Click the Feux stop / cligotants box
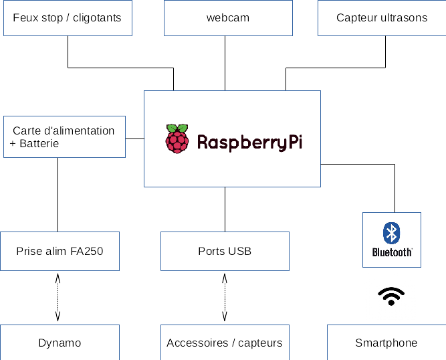(68, 18)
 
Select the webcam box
(227, 18)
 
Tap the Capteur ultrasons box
(382, 18)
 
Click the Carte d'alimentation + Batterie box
(64, 137)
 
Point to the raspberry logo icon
(177, 139)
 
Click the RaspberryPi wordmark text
(249, 142)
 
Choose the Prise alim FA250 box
(60, 251)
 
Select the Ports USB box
(225, 251)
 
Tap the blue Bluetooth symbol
(391, 233)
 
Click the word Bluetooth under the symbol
(392, 252)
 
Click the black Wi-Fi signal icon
(391, 296)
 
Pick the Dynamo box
(60, 343)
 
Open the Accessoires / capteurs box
(225, 343)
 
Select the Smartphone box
(386, 343)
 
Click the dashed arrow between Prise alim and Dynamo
(58, 298)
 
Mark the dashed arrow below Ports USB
(225, 298)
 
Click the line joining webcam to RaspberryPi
(225, 63)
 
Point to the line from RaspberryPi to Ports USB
(225, 209)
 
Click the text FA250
(87, 252)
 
